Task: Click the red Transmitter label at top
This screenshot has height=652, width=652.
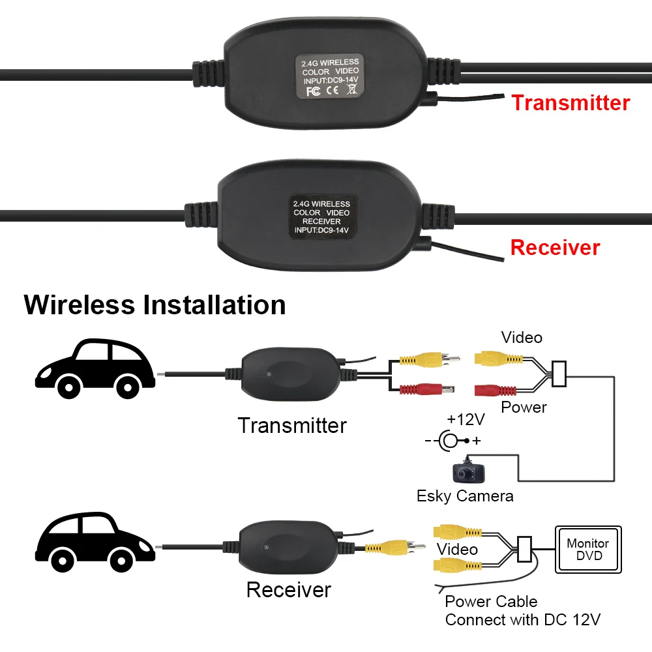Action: [x=570, y=103]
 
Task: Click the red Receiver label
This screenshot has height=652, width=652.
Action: [x=555, y=248]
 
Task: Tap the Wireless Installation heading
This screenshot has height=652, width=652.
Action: [x=155, y=304]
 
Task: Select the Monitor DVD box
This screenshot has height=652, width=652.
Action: [x=587, y=550]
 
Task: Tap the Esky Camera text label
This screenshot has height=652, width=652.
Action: [x=465, y=496]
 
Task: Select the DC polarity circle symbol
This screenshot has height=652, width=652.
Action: [x=449, y=441]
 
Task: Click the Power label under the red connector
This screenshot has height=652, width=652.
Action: [x=524, y=407]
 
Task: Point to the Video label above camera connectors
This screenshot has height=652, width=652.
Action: [x=522, y=337]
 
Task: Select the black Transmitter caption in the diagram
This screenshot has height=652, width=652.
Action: [x=292, y=426]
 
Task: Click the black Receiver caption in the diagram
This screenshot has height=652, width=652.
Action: [x=289, y=590]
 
